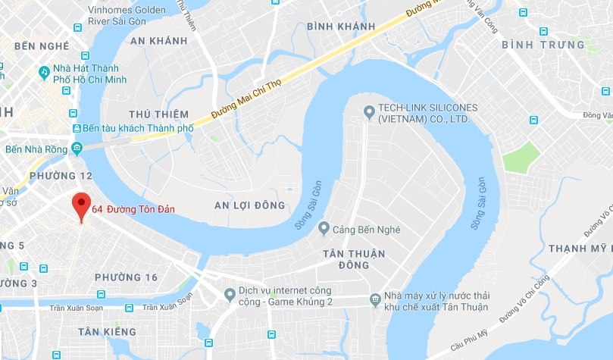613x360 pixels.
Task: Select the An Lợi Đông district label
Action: click(x=249, y=205)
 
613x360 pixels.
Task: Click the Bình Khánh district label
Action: click(x=341, y=27)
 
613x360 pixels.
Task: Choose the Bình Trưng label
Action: click(x=543, y=45)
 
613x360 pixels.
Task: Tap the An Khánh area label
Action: click(x=158, y=40)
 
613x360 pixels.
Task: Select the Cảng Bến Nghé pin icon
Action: click(x=324, y=227)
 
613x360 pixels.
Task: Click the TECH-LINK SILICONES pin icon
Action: click(x=369, y=112)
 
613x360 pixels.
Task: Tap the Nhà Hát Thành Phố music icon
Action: click(x=44, y=72)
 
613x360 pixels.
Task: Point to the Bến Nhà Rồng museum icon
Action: click(x=77, y=147)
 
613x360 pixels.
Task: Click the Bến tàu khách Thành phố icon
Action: click(x=74, y=128)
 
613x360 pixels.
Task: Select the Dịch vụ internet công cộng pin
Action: click(x=230, y=294)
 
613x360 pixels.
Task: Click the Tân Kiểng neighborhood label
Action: click(x=107, y=332)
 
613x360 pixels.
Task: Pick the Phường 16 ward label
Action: click(x=126, y=277)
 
